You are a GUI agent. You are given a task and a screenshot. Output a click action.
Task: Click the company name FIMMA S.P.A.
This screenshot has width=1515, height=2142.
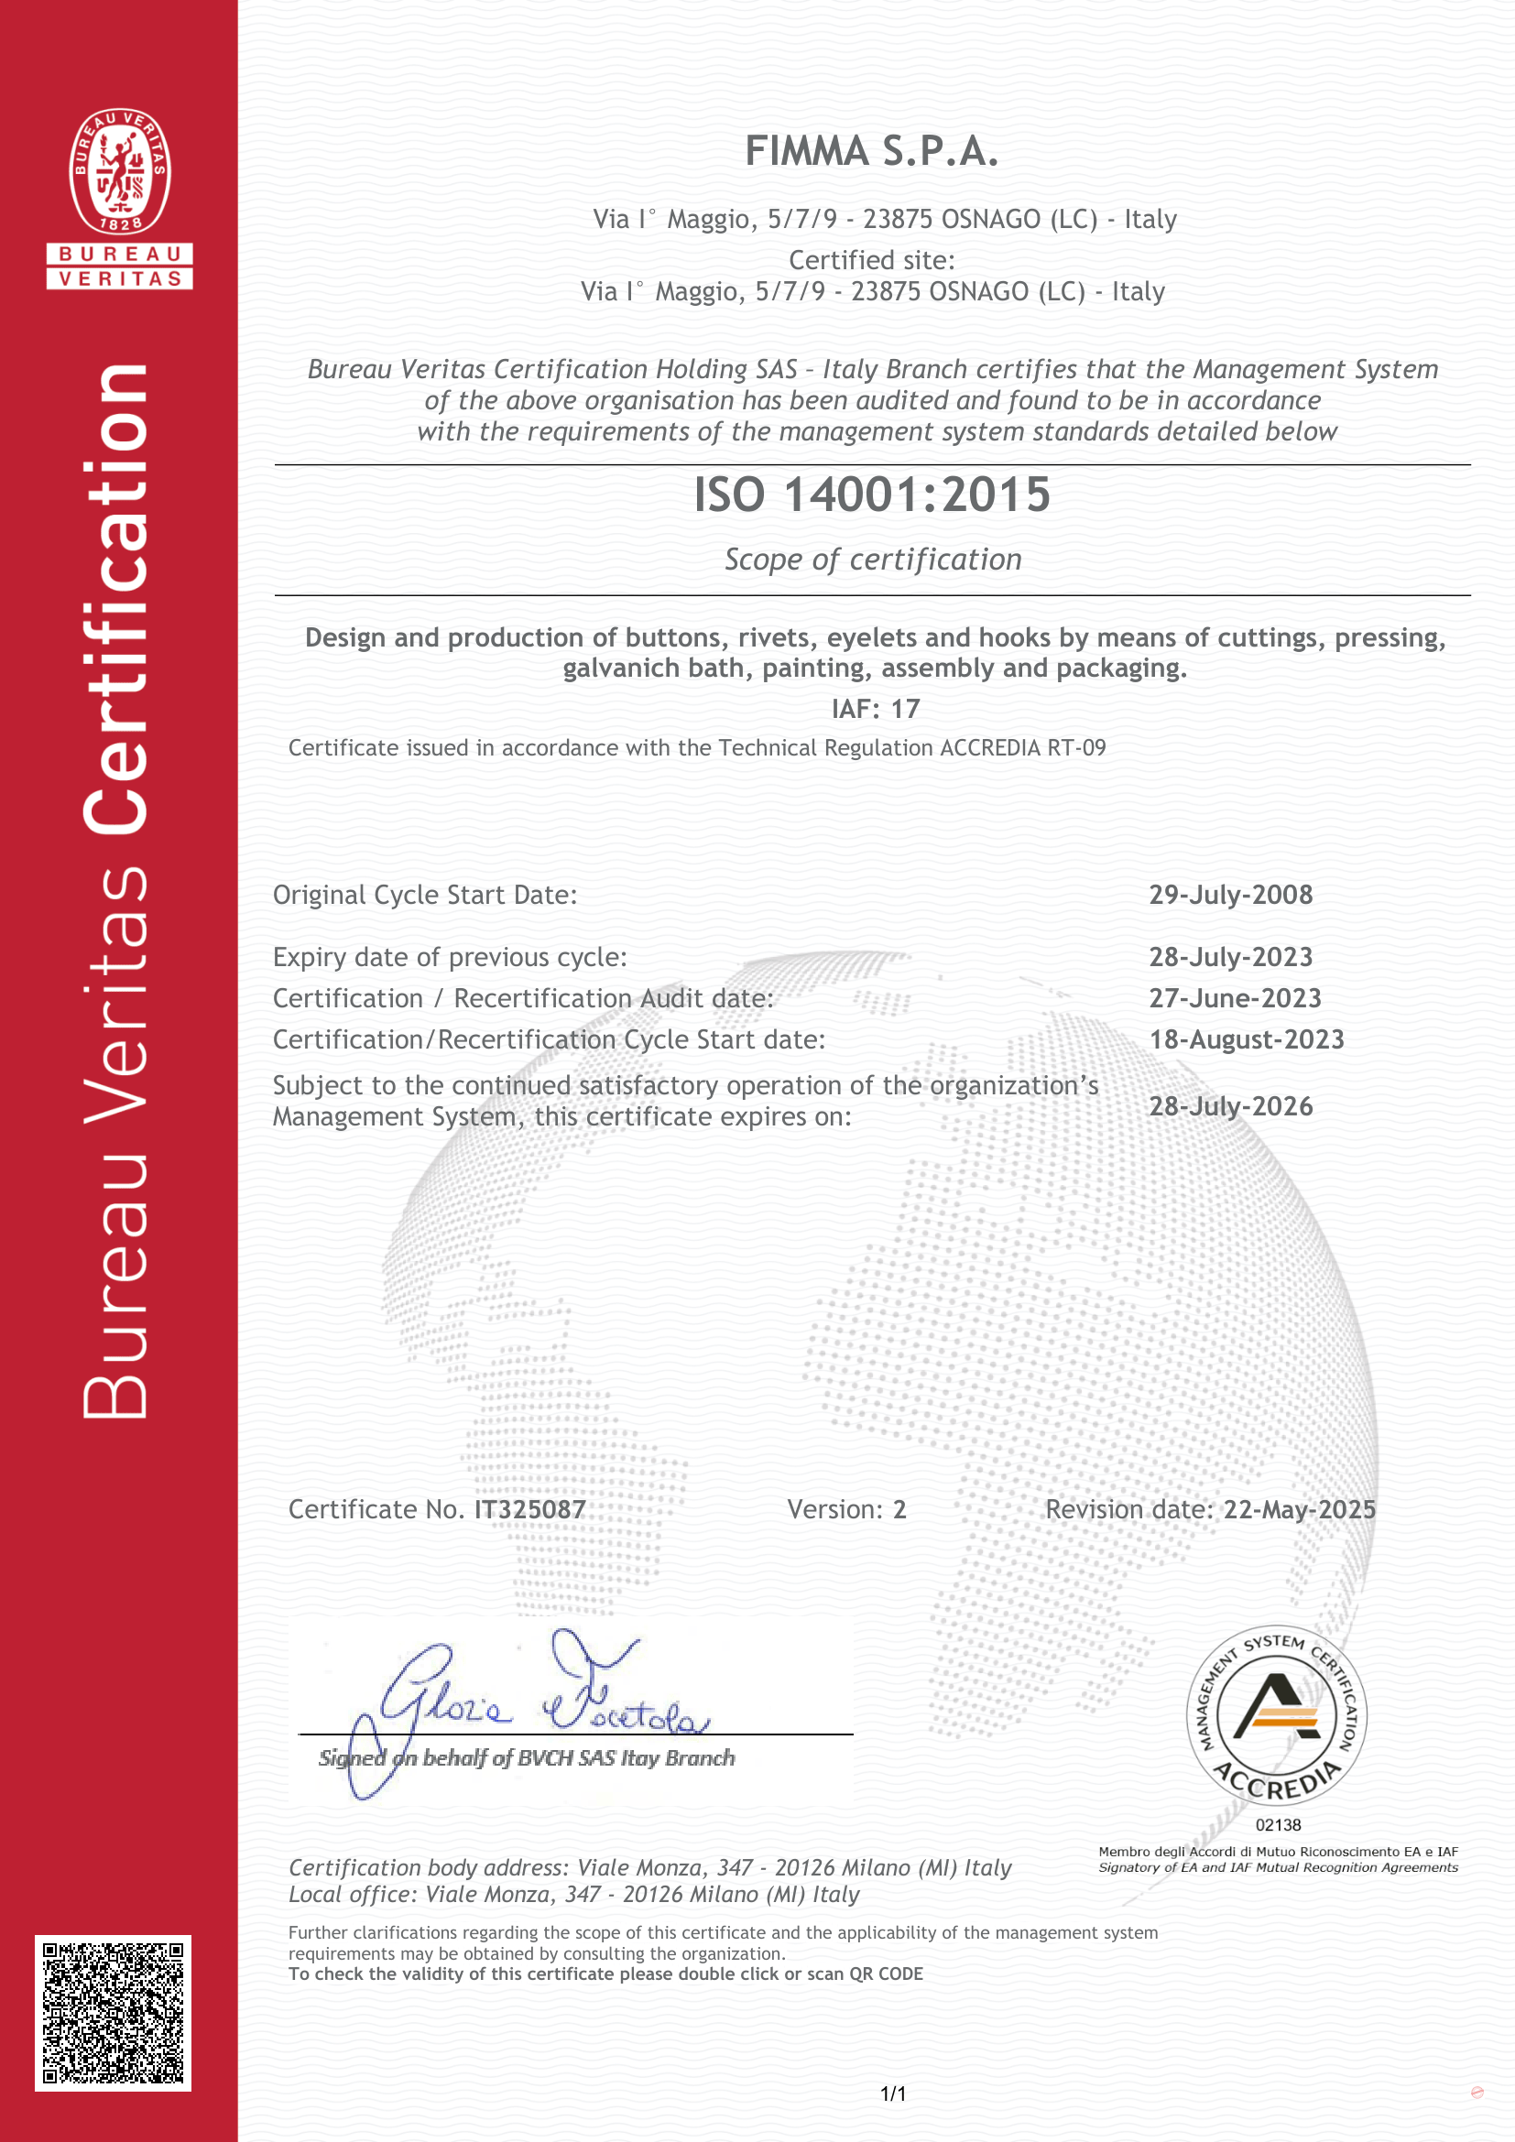click(871, 151)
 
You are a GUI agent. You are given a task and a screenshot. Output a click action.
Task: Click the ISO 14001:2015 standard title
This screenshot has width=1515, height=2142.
click(871, 495)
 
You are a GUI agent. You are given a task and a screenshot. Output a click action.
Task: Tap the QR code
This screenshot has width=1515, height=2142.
click(113, 2012)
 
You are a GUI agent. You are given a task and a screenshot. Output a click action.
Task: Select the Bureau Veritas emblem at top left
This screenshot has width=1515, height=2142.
click(119, 171)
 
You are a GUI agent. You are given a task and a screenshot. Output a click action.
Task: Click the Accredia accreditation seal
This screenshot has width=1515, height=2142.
click(1276, 1717)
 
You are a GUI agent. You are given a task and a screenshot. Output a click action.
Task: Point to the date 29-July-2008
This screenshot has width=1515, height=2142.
click(1230, 895)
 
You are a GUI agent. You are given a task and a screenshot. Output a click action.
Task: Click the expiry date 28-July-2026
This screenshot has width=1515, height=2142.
click(1230, 1106)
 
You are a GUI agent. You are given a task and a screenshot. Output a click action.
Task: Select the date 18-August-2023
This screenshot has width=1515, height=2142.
click(1247, 1039)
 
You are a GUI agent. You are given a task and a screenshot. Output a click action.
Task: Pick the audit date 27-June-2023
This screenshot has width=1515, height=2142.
click(1235, 998)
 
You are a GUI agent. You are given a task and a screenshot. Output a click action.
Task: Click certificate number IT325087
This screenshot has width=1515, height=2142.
click(529, 1509)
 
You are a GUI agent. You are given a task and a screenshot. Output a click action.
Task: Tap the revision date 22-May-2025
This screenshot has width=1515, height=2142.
click(1300, 1509)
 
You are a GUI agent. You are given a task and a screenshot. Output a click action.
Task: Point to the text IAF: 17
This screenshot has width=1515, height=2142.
click(875, 709)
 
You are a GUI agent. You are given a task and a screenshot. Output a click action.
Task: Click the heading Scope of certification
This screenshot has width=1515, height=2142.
click(873, 560)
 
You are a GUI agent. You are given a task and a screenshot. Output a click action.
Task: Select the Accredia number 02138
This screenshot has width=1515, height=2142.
click(1277, 1825)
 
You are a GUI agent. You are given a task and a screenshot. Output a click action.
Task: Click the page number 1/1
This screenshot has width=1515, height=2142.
click(893, 2093)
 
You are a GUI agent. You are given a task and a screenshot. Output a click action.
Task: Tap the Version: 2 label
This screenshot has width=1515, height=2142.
click(846, 1509)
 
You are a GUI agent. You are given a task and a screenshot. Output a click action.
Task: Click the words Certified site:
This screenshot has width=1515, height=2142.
click(872, 260)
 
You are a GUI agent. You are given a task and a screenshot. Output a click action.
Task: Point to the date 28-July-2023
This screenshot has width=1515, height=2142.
click(1230, 957)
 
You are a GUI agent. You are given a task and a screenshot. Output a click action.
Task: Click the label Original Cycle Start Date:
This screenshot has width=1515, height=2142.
click(424, 896)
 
